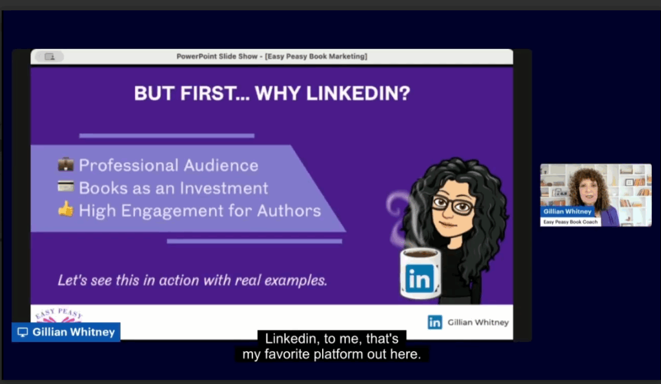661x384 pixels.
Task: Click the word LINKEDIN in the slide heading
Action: click(x=358, y=93)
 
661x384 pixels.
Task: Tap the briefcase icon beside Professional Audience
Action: click(x=66, y=165)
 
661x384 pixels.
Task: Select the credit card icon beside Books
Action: click(x=66, y=187)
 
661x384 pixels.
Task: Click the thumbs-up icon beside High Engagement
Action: click(x=66, y=209)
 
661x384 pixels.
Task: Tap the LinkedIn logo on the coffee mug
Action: click(x=420, y=278)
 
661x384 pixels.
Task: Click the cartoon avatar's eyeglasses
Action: click(x=452, y=205)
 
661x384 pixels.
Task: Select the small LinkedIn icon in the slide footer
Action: click(x=434, y=323)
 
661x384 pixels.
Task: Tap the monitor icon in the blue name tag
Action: click(x=23, y=332)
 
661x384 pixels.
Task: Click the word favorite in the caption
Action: click(x=287, y=354)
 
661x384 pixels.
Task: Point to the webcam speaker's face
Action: click(x=589, y=190)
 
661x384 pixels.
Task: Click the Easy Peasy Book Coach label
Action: click(x=571, y=222)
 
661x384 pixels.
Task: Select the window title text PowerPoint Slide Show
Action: click(x=217, y=57)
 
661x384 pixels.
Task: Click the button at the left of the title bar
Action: click(x=49, y=57)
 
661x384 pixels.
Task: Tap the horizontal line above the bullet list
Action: click(x=167, y=136)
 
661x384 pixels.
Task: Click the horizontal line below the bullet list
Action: click(x=254, y=241)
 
